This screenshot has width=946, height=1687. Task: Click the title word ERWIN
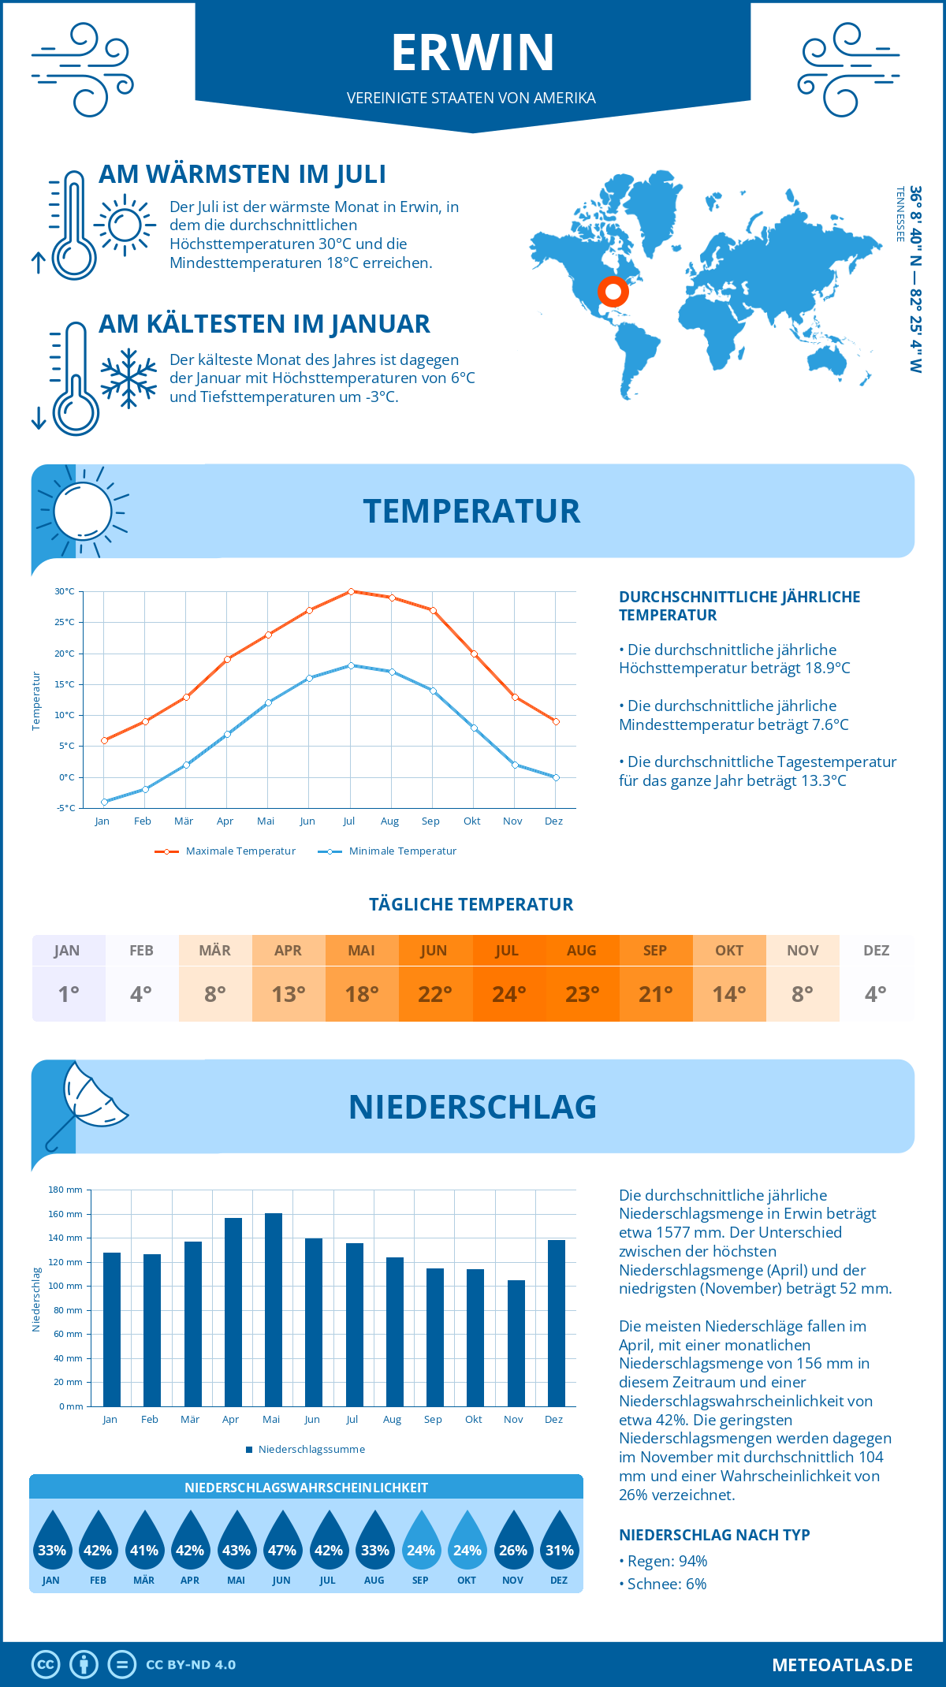pos(473,53)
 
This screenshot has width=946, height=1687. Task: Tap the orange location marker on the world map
pos(613,292)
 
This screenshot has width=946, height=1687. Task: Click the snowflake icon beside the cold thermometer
pos(128,378)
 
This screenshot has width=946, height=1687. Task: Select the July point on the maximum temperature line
pos(351,591)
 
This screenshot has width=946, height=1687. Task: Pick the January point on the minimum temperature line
pos(104,802)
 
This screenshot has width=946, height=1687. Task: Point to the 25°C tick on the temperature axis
pos(65,622)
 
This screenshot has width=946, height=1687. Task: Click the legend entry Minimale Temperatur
pos(402,851)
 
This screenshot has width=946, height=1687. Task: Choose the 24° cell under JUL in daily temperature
pos(508,994)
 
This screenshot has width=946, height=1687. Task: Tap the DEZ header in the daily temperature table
pos(876,950)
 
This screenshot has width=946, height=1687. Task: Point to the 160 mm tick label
pos(65,1214)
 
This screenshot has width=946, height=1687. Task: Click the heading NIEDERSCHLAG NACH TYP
pos(714,1535)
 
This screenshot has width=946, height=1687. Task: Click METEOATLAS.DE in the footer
pos(842,1665)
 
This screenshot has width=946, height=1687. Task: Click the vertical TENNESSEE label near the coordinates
pos(899,214)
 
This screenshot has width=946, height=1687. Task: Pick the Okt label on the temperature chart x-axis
pos(471,821)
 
